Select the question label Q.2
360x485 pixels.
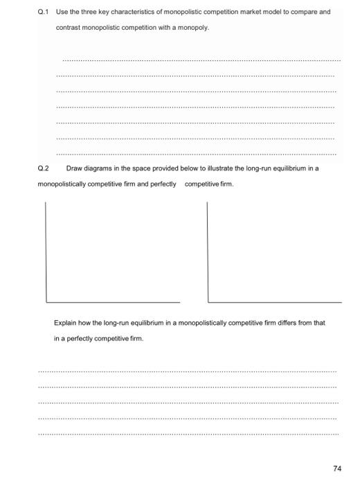coord(43,168)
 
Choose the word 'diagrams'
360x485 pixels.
coord(100,168)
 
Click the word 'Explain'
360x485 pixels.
coord(65,323)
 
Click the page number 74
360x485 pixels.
coord(337,469)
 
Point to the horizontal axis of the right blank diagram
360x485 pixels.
coord(274,302)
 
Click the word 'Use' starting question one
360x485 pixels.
coord(61,12)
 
